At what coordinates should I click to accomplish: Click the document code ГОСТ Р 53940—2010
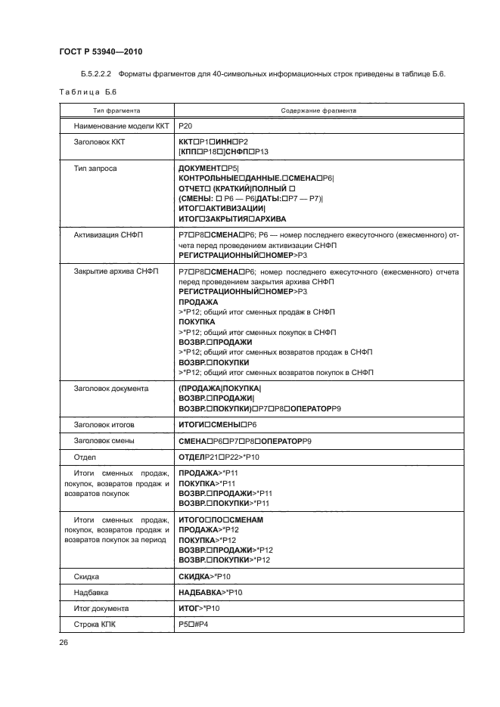click(101, 51)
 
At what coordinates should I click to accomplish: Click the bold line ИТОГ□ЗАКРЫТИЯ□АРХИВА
click(231, 219)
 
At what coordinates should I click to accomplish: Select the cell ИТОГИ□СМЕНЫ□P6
click(218, 425)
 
